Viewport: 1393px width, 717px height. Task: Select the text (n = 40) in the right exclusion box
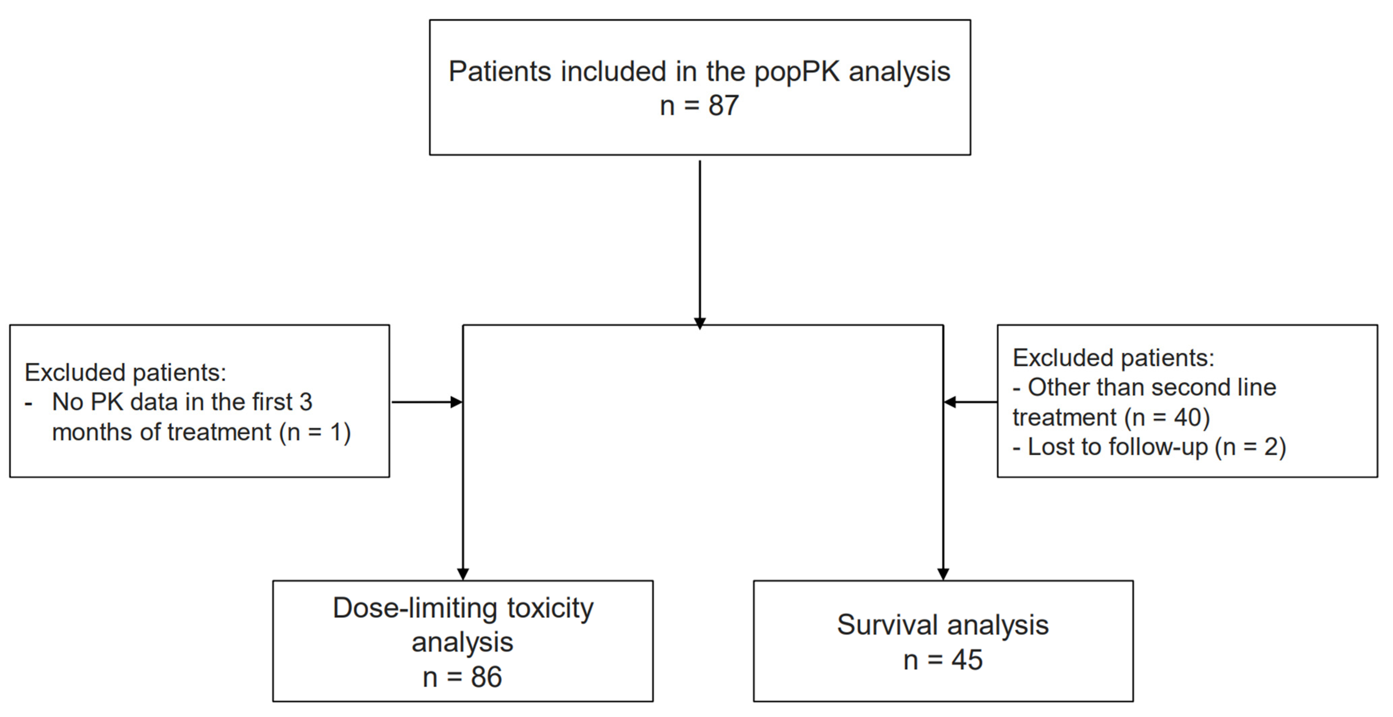[x=1167, y=417]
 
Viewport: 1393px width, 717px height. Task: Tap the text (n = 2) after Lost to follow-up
[x=1250, y=447]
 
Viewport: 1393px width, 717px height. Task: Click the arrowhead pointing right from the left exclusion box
[x=457, y=402]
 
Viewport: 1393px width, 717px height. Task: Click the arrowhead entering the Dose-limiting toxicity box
[x=463, y=574]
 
